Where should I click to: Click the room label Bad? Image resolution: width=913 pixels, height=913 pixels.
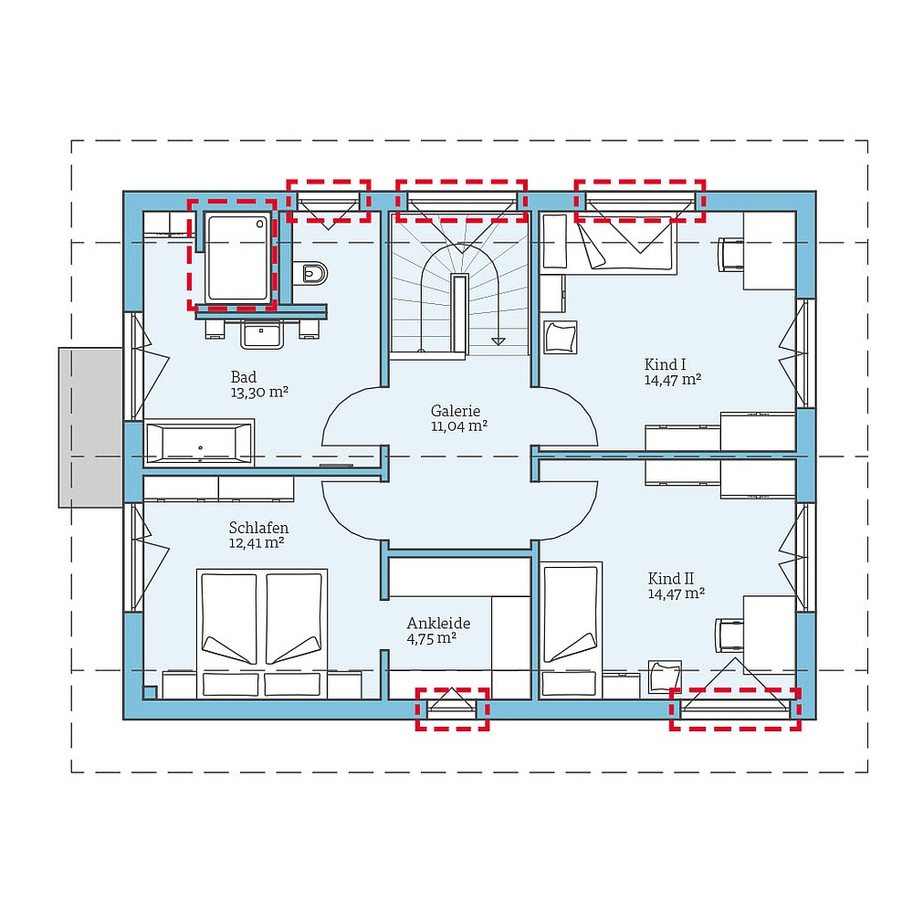(244, 377)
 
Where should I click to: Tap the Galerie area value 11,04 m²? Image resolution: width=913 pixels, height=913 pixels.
(458, 426)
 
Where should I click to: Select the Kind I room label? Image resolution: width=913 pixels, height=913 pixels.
(666, 364)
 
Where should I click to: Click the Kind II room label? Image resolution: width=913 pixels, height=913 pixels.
(671, 579)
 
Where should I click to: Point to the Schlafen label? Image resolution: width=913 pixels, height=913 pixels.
(259, 528)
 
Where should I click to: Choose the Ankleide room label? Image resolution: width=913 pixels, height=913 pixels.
(438, 624)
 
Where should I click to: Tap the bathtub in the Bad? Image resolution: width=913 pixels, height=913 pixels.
(199, 444)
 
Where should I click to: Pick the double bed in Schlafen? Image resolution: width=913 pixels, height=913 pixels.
(262, 621)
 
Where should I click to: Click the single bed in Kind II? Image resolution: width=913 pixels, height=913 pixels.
(572, 614)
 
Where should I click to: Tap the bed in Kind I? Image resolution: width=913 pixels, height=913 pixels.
(628, 247)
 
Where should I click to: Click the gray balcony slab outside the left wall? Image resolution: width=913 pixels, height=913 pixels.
(90, 426)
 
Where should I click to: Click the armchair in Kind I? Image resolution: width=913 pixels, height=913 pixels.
(561, 337)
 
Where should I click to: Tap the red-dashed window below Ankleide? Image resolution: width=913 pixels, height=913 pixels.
(452, 709)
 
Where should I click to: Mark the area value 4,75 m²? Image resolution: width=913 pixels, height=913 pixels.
(433, 639)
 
